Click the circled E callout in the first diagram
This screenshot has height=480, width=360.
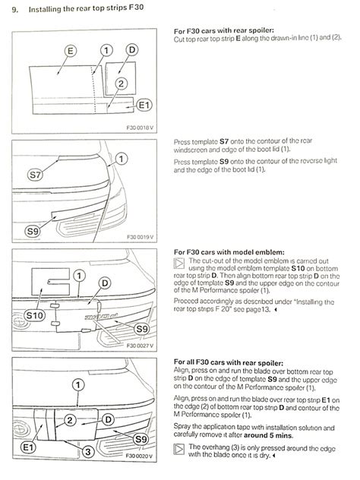pos(71,51)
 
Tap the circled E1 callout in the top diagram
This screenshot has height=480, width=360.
pos(144,106)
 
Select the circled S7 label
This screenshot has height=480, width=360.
pos(35,175)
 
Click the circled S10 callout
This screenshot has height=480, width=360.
pos(34,315)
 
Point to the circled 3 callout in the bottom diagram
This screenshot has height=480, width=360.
pos(87,452)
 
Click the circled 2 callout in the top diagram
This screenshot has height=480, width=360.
pos(121,84)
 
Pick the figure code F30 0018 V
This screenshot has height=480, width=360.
pos(140,128)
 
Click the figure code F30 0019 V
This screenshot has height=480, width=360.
pos(140,237)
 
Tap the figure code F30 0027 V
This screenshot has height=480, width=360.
pos(140,346)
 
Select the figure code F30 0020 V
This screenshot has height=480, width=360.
pos(139,456)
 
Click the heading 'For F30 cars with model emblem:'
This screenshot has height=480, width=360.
pos(229,252)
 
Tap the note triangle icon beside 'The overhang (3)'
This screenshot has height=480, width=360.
pos(179,449)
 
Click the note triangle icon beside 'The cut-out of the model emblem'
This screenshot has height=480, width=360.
pos(179,263)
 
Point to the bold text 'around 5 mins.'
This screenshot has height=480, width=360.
pos(268,435)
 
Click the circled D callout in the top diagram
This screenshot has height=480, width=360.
pos(132,49)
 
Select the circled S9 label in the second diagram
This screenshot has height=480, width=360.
pos(32,231)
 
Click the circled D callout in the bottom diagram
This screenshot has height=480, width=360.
pos(108,419)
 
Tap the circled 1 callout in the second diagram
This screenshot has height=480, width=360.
pos(122,159)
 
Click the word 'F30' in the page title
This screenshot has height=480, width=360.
pos(136,7)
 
